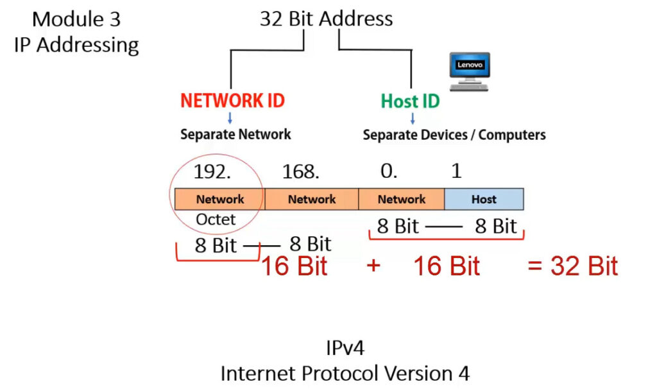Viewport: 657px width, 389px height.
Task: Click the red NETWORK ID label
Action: [232, 101]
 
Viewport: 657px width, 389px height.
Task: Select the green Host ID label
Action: [410, 101]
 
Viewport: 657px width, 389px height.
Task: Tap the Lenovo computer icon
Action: [469, 71]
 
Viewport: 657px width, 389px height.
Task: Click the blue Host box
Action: [484, 199]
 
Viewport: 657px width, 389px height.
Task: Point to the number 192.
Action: [212, 171]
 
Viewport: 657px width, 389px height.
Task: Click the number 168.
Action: [300, 171]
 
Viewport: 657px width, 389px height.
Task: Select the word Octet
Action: [216, 220]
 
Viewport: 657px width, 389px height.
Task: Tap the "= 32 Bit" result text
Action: [572, 266]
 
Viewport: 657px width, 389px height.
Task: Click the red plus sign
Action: [373, 266]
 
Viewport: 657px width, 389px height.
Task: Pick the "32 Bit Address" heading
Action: [327, 19]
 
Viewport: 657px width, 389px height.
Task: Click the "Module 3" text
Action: [76, 19]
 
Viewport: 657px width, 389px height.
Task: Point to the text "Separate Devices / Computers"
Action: [454, 135]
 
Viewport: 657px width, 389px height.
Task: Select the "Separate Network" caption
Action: [235, 134]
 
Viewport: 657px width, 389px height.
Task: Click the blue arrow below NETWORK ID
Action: [230, 117]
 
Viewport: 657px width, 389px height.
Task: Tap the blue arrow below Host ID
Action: [413, 118]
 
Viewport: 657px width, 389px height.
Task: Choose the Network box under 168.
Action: [312, 199]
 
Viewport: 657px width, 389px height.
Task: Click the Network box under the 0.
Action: [402, 199]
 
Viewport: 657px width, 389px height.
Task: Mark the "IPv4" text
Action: [345, 348]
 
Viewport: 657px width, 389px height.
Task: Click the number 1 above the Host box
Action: [456, 171]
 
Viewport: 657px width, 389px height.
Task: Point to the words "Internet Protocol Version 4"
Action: [345, 374]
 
